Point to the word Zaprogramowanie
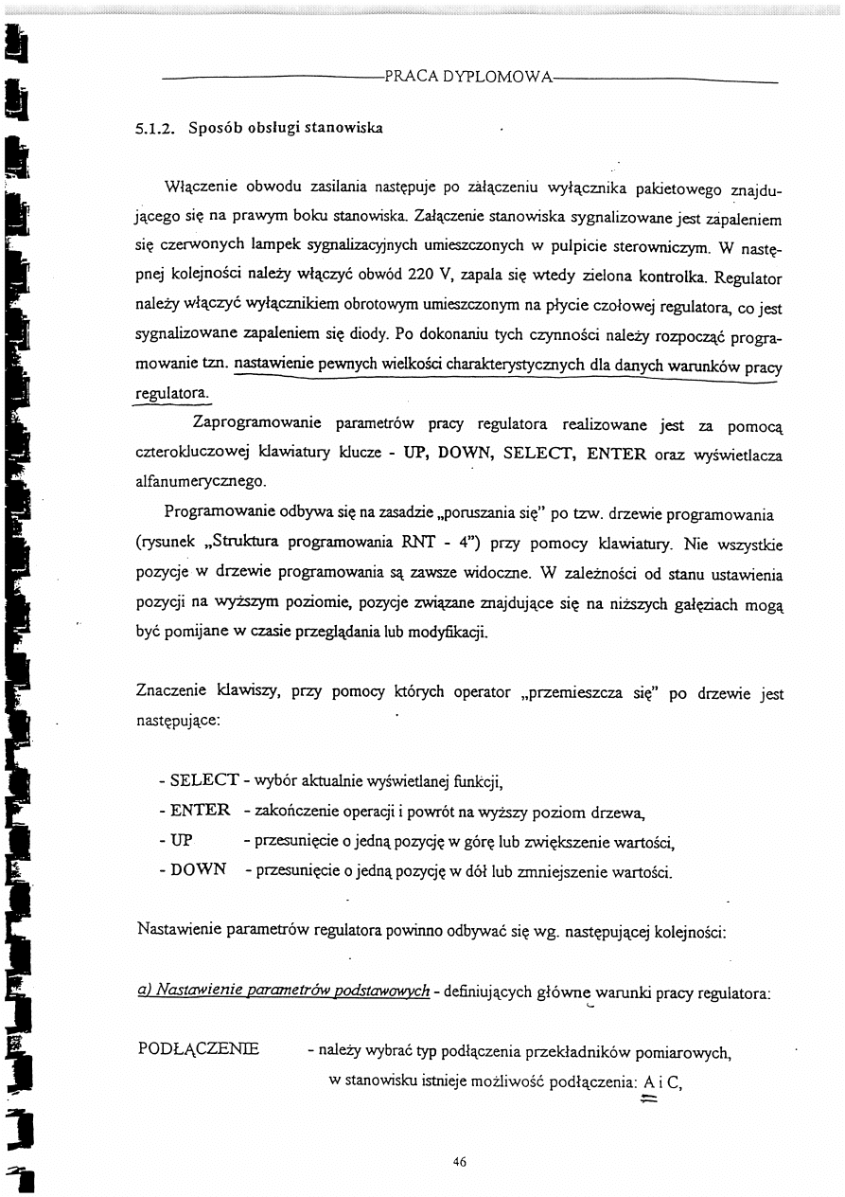click(256, 422)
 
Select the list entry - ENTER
click(195, 810)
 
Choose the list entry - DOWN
click(193, 869)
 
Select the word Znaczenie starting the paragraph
click(173, 693)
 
